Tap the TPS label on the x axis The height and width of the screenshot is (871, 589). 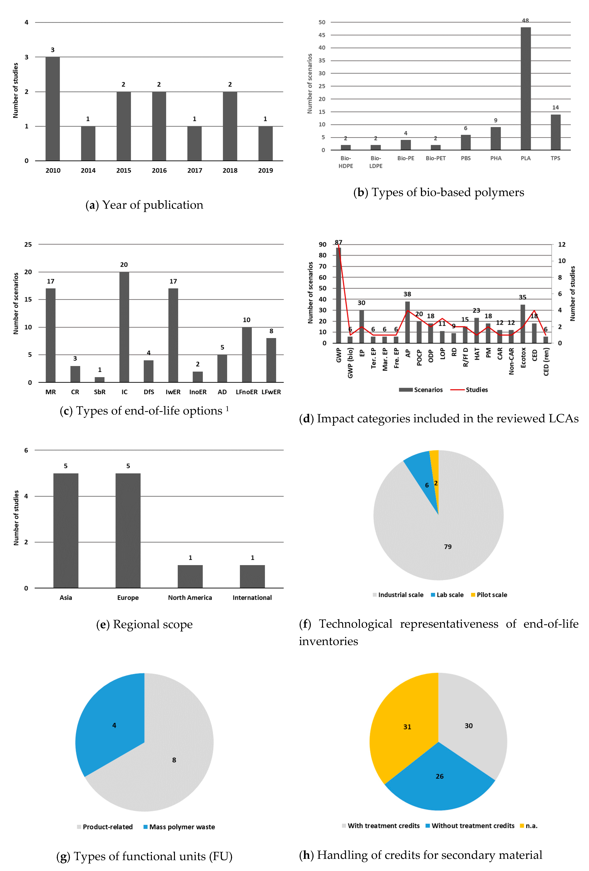[555, 158]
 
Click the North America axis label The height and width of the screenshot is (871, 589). [190, 597]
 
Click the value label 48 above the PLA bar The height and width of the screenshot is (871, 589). [525, 21]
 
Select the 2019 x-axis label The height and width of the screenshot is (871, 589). [265, 170]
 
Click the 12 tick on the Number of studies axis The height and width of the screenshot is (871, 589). [562, 244]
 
